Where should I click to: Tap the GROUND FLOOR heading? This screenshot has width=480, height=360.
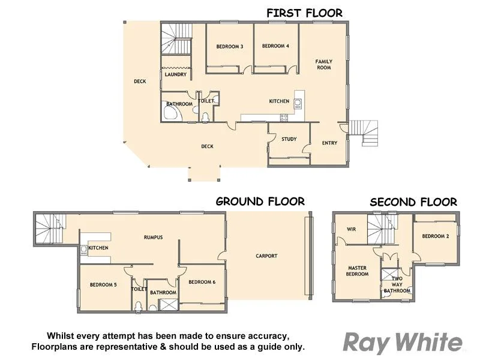click(x=260, y=202)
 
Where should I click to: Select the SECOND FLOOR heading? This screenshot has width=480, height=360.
click(x=413, y=202)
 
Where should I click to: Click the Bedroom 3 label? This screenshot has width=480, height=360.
click(x=229, y=46)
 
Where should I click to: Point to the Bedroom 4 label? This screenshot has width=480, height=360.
click(x=275, y=46)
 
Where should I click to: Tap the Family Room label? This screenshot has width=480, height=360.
click(x=324, y=64)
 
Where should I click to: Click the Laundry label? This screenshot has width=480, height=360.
click(x=176, y=74)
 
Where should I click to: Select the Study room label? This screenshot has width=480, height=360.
click(x=289, y=139)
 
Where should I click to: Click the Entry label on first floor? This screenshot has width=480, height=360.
click(x=329, y=143)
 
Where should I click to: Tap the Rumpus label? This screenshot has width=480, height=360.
click(x=153, y=237)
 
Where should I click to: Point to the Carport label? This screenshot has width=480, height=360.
click(x=266, y=256)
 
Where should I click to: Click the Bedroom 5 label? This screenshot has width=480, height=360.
click(x=103, y=285)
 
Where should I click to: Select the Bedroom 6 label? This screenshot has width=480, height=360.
click(x=202, y=281)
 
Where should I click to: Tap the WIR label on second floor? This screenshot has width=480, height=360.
click(x=352, y=229)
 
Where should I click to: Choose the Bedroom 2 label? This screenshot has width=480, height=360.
click(x=436, y=236)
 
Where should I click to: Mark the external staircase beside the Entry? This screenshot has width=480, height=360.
click(x=364, y=132)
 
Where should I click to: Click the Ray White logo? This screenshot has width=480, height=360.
click(x=403, y=343)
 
